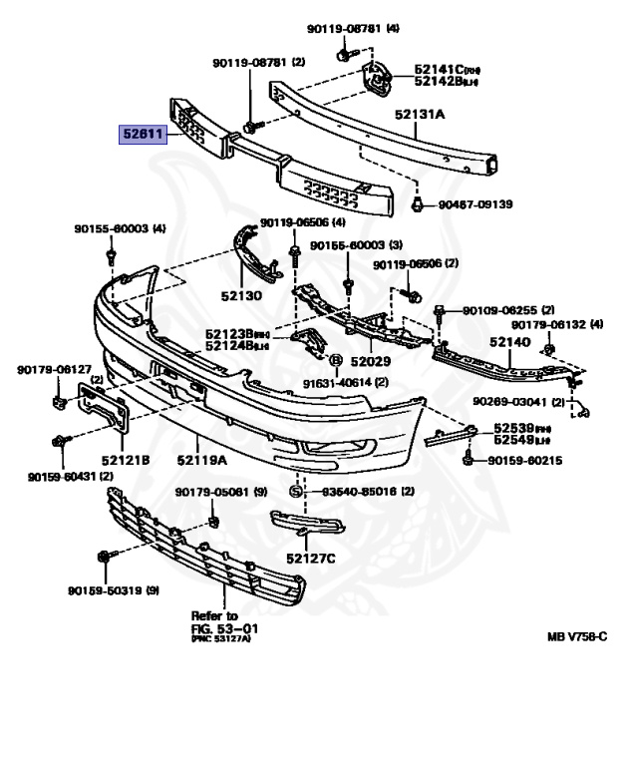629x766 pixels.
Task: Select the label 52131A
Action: [x=420, y=116]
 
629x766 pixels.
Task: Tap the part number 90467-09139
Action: [x=475, y=205]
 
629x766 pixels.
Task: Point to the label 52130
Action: [x=240, y=296]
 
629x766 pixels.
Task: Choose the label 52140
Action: [x=509, y=341]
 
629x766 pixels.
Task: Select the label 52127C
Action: [x=310, y=558]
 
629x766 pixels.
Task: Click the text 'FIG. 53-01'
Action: [x=224, y=628]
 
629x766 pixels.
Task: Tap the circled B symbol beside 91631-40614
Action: [x=335, y=360]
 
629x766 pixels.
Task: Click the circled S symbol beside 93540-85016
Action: [x=296, y=492]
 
